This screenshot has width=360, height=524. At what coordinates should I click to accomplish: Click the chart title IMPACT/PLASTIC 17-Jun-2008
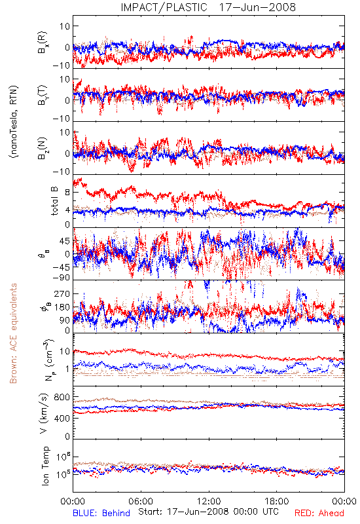coord(208,7)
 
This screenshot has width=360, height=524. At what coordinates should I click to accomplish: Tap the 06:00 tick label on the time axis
coord(141,501)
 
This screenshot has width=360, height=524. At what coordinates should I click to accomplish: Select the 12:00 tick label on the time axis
coord(209,501)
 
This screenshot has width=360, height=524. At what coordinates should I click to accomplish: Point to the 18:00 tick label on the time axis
coord(277,501)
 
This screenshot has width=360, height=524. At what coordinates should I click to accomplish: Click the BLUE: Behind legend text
coord(101,513)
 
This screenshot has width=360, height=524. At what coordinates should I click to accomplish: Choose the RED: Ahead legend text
coord(319,513)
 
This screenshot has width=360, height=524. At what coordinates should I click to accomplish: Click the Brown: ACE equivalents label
coord(13,333)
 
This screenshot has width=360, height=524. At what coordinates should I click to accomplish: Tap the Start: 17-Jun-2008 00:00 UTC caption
coord(208,512)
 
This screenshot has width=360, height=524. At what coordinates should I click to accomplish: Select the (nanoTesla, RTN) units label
coord(14,122)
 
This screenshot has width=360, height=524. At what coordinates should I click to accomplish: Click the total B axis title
coord(54,200)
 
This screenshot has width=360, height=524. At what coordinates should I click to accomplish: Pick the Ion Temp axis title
coord(45,466)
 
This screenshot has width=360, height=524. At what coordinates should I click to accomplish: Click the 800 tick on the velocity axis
coord(62,397)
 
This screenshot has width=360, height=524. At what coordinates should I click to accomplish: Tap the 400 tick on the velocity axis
coord(62,418)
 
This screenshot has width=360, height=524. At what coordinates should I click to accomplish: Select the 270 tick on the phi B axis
coord(62,293)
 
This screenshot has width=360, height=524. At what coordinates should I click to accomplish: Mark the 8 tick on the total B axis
coord(67,193)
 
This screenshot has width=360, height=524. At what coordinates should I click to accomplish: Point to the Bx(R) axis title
coord(43,43)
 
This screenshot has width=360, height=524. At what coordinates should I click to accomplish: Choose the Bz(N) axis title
coord(43,149)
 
